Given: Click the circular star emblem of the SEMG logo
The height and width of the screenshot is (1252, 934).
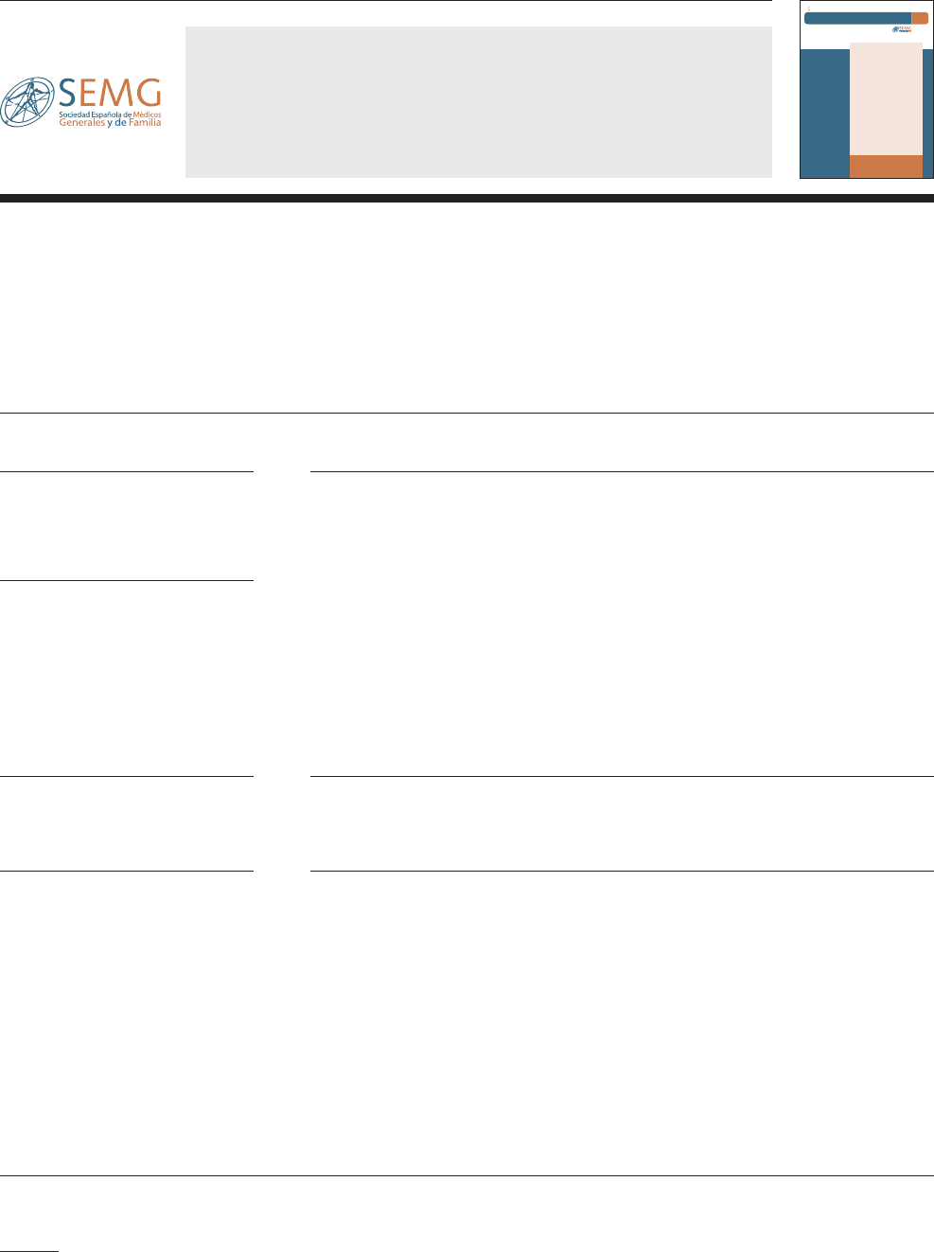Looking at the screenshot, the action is tap(27, 102).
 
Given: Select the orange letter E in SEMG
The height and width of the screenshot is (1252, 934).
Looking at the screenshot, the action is tap(93, 94).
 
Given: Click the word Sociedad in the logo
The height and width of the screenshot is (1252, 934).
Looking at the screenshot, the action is tap(73, 115).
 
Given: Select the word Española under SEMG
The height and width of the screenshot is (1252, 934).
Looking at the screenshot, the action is tap(103, 115).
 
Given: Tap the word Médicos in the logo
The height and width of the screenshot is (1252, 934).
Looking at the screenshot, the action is tap(146, 115).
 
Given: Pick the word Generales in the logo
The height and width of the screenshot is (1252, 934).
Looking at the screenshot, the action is tap(81, 123).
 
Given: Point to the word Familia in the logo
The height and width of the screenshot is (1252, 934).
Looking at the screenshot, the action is tap(145, 123).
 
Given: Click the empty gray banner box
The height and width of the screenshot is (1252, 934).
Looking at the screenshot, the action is tap(478, 101).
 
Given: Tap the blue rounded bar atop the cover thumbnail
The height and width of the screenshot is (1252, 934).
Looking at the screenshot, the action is tap(857, 18).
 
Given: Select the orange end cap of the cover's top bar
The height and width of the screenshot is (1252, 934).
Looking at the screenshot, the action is tap(920, 18).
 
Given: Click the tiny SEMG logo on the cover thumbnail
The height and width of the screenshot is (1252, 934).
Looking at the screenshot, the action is tap(902, 29).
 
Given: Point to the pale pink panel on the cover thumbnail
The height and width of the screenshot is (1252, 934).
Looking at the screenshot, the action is tap(886, 98).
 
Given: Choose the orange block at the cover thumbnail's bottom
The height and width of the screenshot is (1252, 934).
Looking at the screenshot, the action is tap(886, 167).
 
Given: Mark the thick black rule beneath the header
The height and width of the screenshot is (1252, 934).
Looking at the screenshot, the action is tap(467, 199).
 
